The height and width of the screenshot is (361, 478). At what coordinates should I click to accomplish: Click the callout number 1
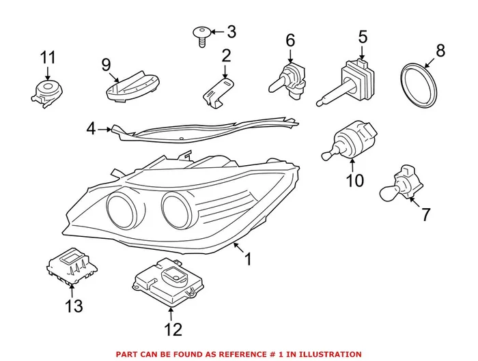249,259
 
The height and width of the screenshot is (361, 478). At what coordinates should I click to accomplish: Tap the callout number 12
173,330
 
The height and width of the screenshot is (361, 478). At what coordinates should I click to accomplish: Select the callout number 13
73,306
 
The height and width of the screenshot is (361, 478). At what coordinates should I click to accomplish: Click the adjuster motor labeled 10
350,138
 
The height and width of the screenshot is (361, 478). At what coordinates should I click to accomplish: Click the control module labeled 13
72,264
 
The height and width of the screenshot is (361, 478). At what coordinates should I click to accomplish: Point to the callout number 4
92,128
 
